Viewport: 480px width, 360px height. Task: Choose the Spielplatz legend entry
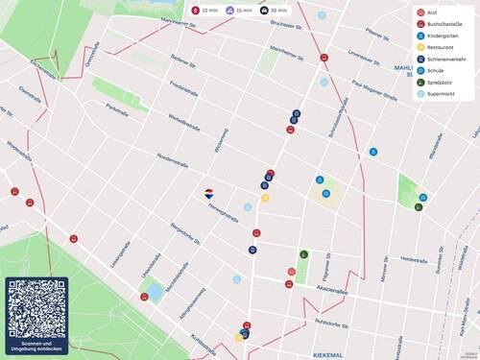click(439, 83)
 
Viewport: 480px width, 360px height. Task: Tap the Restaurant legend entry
click(441, 47)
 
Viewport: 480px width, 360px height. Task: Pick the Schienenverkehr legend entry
click(445, 59)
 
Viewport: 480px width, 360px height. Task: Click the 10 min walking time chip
click(204, 11)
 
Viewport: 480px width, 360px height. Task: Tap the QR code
click(36, 308)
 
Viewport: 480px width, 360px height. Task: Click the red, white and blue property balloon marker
click(209, 193)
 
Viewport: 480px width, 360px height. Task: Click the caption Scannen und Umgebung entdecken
click(36, 347)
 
